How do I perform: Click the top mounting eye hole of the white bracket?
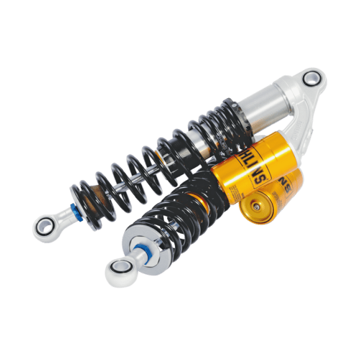pos(313,78)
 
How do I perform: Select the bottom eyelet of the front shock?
pos(118,271)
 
